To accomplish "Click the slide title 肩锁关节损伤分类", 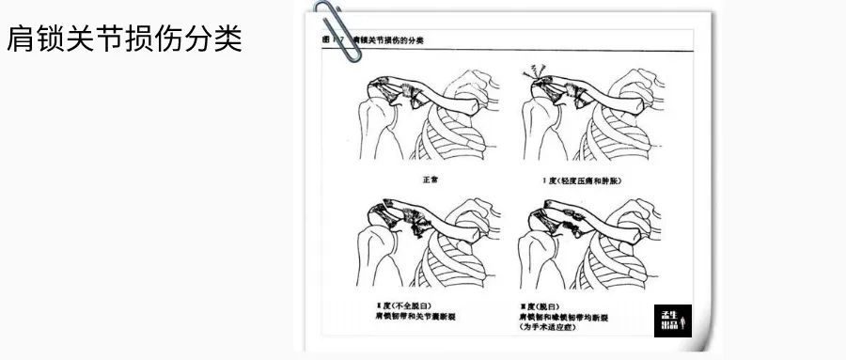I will coord(125,39).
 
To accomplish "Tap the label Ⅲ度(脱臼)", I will coord(543,307).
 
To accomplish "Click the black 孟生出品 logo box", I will coord(671,321).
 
